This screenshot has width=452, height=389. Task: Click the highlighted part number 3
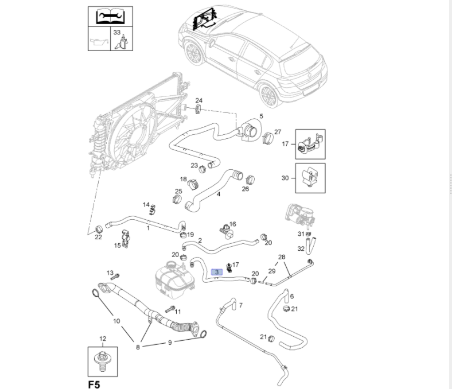point(217,273)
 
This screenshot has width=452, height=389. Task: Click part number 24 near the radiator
point(198,100)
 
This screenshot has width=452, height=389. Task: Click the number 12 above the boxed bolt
point(103,339)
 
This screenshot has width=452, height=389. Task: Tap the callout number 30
point(285,178)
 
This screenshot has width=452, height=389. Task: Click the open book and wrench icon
point(110,16)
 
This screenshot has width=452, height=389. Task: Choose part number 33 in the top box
point(117,33)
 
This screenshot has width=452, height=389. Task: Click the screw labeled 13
point(116,276)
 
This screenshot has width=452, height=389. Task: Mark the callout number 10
point(116,321)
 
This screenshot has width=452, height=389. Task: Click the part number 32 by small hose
point(301,248)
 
